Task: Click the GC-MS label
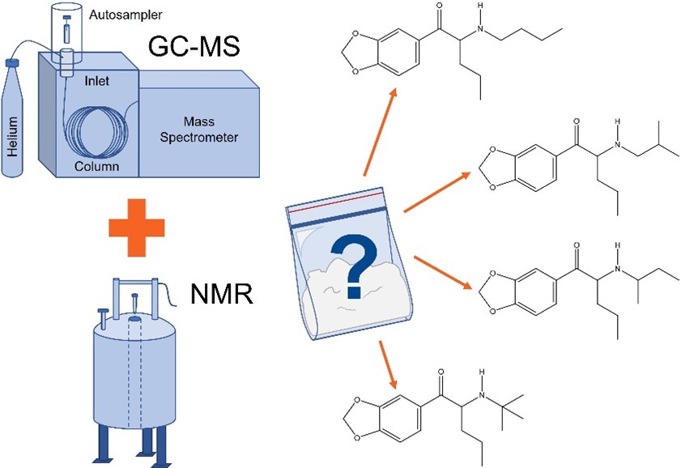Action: coord(194,50)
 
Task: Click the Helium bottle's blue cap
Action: coord(12,61)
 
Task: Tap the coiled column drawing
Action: coord(101,130)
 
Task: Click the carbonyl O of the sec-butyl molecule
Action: coord(576,244)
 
